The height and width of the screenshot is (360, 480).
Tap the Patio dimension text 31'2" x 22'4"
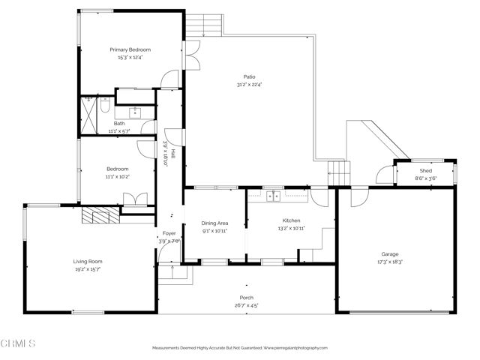249,84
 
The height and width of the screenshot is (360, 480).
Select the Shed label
426,172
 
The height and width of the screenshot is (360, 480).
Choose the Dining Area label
215,223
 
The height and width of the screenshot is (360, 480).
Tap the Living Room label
87,261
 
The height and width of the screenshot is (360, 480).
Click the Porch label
247,298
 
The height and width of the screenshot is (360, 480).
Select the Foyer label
169,234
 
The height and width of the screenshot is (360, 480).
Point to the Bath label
119,124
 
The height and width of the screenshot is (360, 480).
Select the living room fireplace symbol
98,217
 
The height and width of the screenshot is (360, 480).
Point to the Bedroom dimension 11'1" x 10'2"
118,177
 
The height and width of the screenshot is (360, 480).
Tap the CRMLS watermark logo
19,343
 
